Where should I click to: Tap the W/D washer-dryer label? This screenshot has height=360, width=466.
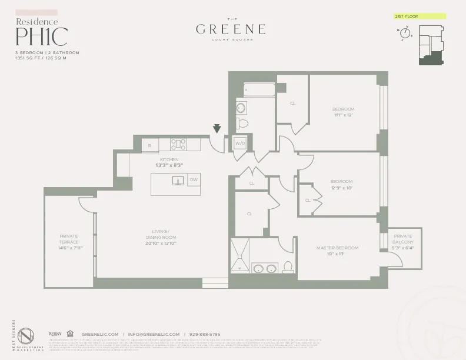click(240, 143)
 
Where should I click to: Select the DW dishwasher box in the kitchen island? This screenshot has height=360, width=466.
click(194, 180)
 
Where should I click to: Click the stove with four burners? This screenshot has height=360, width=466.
click(178, 144)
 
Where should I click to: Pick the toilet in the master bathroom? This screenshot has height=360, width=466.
click(288, 268)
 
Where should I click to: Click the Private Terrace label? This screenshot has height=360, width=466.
click(69, 239)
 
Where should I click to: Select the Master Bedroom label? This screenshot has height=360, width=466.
click(337, 248)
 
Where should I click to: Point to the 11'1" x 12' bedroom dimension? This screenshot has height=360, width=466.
click(343, 115)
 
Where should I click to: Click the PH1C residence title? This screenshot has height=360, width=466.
click(41, 36)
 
